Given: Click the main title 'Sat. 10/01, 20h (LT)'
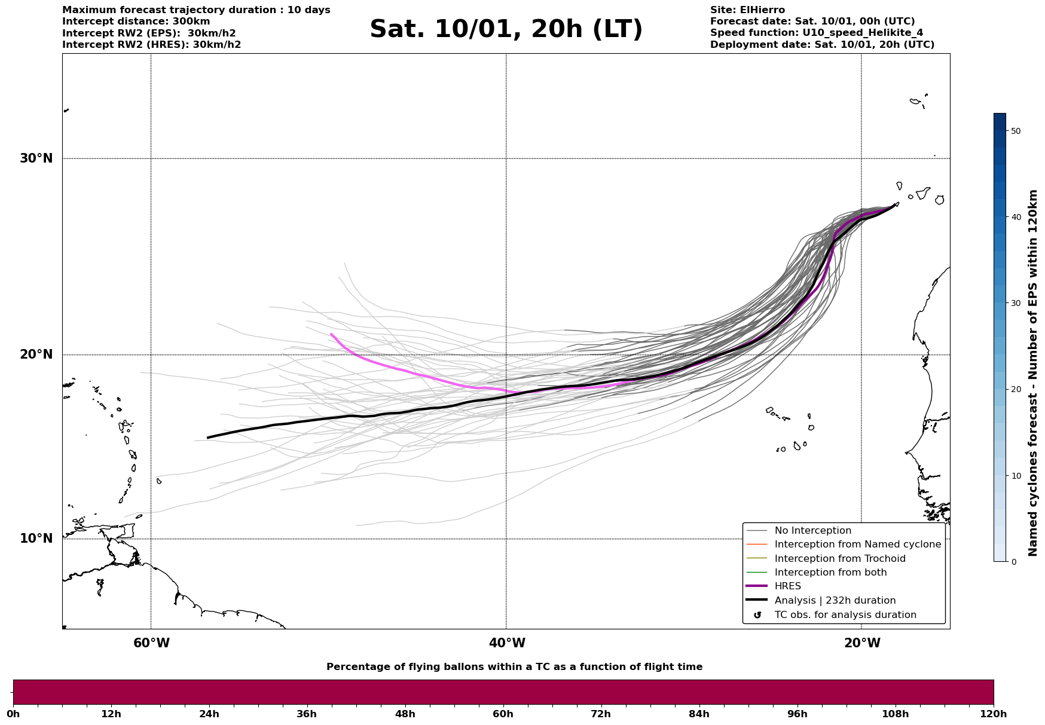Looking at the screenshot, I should click(506, 29).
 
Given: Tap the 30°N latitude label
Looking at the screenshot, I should click(36, 158).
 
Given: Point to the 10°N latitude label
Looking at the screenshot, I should click(36, 539).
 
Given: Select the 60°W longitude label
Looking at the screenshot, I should click(151, 643).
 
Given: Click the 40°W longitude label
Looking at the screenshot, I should click(507, 643).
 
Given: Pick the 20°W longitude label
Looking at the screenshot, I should click(862, 643).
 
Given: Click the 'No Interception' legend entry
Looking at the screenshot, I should click(812, 531).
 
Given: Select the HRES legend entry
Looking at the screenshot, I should click(787, 586).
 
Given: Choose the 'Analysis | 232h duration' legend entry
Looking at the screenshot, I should click(835, 601).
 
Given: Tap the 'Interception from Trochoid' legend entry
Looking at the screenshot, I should click(839, 559).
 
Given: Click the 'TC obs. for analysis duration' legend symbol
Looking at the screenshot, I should click(757, 615).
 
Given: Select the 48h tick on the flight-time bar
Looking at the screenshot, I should click(405, 714).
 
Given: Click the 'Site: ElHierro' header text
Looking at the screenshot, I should click(747, 10).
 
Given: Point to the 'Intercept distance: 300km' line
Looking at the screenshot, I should click(136, 22).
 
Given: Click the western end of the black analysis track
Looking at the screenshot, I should click(208, 438).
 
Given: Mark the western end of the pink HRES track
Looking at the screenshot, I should click(331, 334).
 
